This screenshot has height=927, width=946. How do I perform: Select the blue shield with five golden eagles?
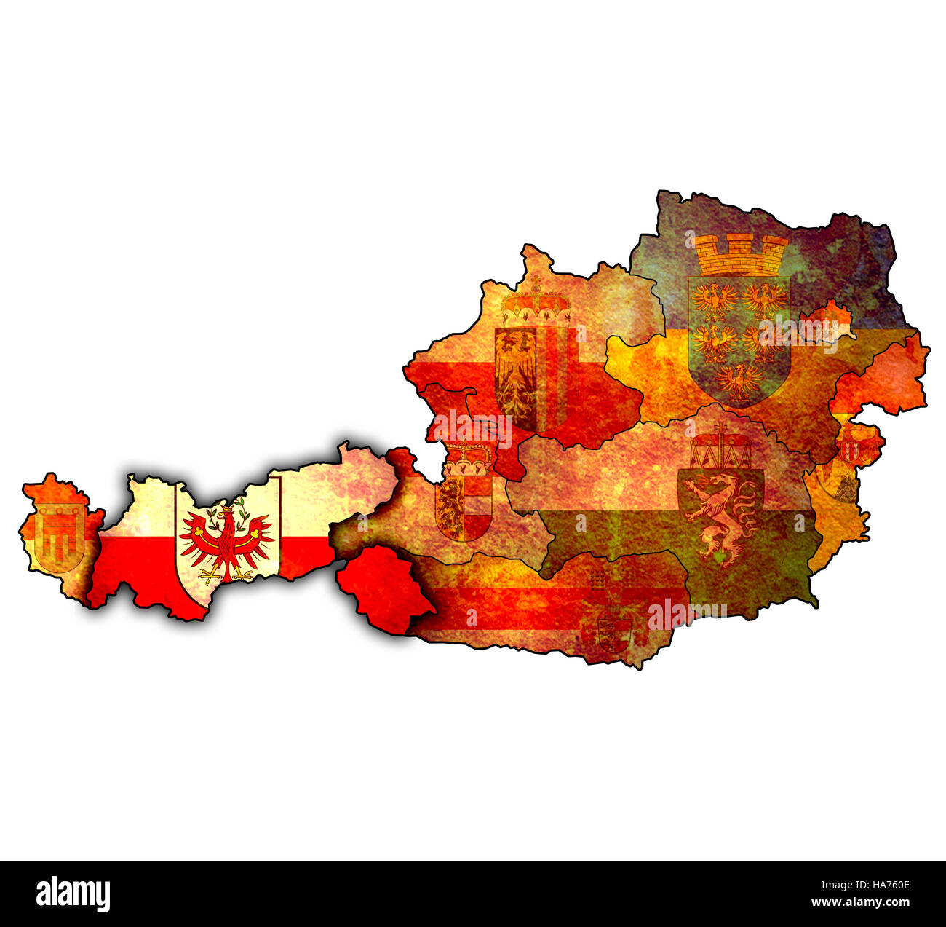tap(739, 336)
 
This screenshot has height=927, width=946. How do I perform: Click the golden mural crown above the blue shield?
tap(741, 253)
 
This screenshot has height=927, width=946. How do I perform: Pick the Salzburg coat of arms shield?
tap(464, 508)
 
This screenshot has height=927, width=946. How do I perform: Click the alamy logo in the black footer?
tap(73, 894)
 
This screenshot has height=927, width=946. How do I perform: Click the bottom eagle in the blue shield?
tap(739, 380)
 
